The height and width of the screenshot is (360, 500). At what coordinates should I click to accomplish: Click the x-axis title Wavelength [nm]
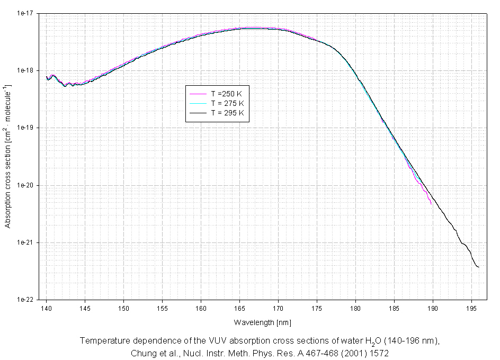coord(262,322)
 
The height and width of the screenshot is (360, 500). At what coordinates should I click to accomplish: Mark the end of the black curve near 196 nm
coord(479,267)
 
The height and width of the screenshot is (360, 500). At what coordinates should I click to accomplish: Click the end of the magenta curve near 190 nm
coord(431,203)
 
